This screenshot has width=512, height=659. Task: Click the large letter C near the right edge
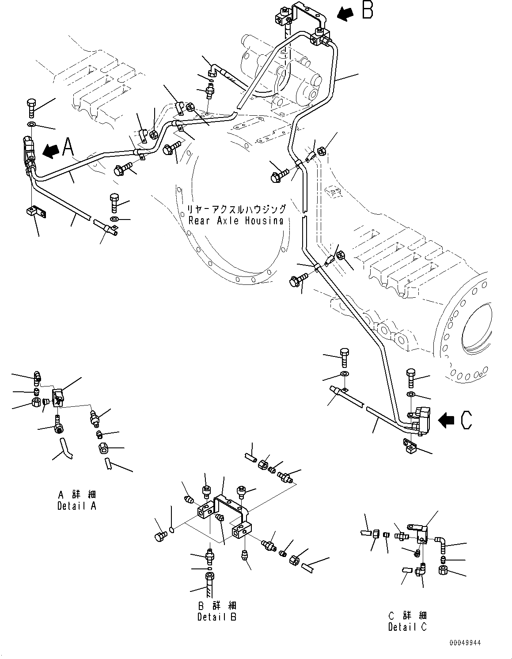click(466, 420)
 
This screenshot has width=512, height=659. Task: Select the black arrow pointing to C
click(446, 420)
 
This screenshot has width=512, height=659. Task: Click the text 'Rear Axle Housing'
click(236, 220)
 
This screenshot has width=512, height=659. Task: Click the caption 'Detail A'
click(76, 506)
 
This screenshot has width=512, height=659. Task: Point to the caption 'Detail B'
click(216, 617)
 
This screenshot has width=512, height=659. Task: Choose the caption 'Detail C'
click(407, 626)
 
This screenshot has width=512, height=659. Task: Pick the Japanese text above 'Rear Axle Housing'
click(236, 209)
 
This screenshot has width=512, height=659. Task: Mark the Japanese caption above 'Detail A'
click(77, 494)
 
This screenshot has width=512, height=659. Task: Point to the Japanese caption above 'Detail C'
click(407, 615)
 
